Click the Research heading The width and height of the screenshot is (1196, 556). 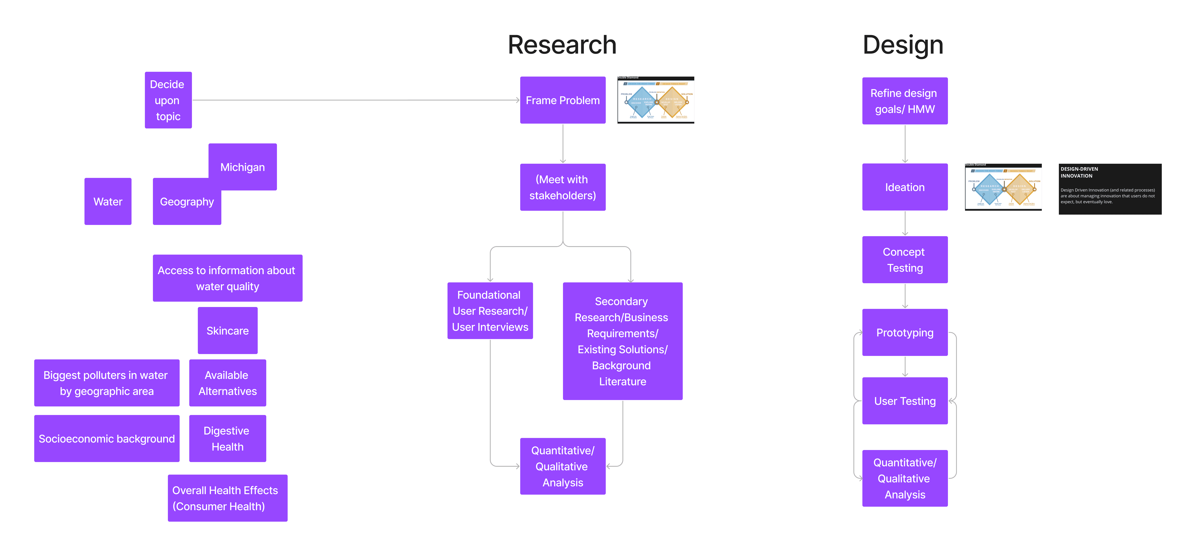point(562,45)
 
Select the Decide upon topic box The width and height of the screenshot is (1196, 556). point(168,100)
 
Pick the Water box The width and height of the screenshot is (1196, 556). point(108,201)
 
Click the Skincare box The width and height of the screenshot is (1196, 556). point(227,330)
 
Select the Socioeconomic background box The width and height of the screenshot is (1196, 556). point(107,439)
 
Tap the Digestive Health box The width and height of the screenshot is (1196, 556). point(227,439)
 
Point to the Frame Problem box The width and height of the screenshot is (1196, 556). point(563,100)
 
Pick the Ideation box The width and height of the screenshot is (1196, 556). point(904,187)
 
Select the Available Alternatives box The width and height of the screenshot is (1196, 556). point(227,383)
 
